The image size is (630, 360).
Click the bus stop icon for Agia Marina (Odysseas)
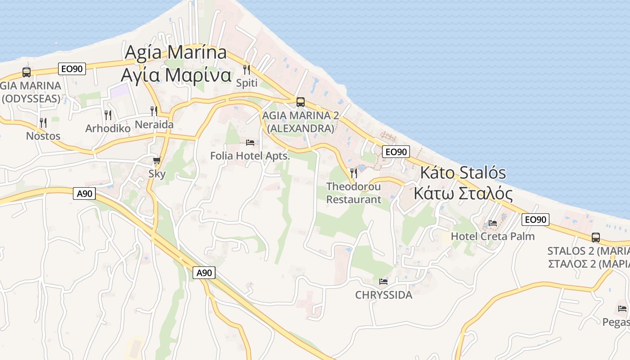tap(27, 72)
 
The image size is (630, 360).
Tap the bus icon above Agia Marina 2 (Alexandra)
tap(300, 102)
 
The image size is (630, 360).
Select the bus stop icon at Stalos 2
tap(596, 238)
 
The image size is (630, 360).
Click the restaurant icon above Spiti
tap(247, 69)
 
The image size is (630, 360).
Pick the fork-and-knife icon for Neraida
tap(154, 111)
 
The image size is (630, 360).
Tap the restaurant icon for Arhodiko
tap(108, 115)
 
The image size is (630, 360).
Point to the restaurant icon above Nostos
tap(43, 122)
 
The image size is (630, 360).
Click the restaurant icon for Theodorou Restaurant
tap(354, 173)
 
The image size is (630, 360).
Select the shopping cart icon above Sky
tap(157, 161)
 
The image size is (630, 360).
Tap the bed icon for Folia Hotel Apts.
tap(250, 143)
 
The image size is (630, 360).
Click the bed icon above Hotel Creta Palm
tap(493, 223)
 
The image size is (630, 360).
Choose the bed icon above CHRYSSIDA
tap(383, 282)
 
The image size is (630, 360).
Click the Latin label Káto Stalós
tap(463, 173)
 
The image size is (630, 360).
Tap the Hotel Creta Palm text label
tap(493, 236)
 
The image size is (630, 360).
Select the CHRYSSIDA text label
tap(383, 295)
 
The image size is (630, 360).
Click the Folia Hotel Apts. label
tap(250, 156)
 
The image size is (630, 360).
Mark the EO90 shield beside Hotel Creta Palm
tap(536, 220)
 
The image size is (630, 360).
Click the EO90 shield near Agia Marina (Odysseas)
tap(72, 69)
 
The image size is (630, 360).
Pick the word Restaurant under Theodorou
tap(354, 199)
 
